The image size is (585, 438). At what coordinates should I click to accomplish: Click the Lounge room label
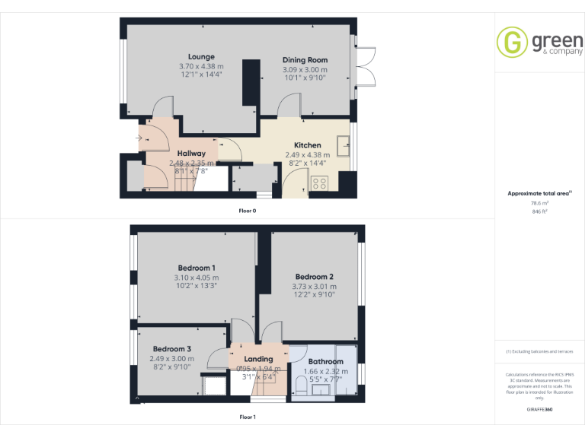202,56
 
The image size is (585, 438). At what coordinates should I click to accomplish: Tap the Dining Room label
305,60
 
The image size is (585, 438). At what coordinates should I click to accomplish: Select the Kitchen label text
308,144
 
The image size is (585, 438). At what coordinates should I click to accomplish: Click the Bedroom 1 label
197,268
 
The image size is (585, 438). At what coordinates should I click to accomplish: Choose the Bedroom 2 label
315,277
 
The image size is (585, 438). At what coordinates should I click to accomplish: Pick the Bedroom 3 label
171,349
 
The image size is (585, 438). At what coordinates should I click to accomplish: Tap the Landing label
258,360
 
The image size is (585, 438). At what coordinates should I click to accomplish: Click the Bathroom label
325,362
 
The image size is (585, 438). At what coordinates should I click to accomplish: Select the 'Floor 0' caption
248,210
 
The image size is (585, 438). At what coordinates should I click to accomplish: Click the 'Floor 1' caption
248,417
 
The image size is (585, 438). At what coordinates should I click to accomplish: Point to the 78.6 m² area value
539,203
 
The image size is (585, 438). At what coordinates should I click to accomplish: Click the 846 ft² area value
539,211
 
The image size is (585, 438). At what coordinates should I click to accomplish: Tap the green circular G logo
512,42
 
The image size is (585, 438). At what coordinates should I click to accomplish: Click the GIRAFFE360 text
539,410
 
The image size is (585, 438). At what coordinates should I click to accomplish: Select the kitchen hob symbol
320,182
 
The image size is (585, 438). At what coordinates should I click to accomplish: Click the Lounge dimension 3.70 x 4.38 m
202,66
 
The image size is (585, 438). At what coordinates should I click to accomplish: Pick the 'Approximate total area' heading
539,194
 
